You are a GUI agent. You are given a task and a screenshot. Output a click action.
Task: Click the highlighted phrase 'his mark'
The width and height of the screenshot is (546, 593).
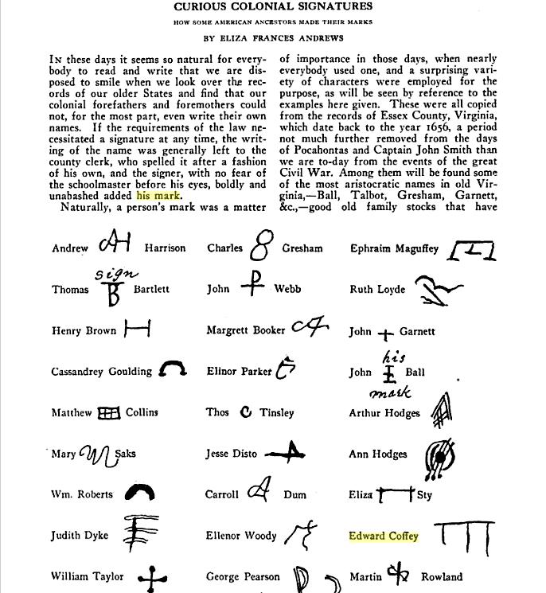[158, 195]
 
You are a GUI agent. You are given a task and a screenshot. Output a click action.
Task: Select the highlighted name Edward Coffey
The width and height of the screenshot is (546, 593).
[384, 536]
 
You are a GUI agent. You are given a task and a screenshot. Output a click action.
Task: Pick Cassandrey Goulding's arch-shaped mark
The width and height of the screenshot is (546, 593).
[172, 369]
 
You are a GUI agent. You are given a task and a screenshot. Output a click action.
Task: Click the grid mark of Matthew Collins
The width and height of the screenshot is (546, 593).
[107, 412]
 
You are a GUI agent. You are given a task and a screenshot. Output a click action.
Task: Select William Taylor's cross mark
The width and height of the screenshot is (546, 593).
[151, 579]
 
